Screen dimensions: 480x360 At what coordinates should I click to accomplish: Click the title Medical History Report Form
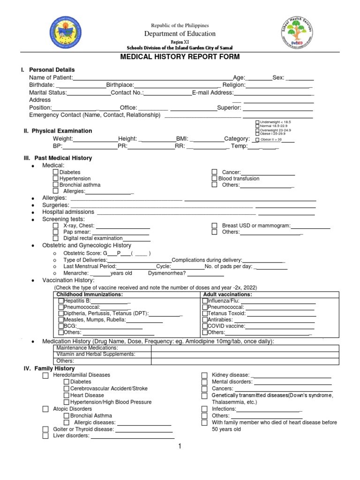tap(180, 57)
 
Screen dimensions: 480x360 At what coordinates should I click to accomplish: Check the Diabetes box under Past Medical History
tap(56, 172)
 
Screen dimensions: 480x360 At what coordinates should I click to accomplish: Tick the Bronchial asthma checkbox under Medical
tap(56, 185)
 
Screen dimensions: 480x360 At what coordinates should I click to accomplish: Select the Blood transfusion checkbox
tap(214, 179)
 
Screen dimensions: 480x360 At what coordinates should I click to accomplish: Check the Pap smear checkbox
tap(56, 232)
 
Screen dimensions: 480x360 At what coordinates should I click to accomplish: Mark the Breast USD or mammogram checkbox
tap(214, 226)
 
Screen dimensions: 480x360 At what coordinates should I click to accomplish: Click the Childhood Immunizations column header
tap(90, 294)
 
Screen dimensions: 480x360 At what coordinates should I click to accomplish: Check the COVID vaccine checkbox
tap(205, 326)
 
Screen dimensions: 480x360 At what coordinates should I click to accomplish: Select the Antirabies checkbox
tap(205, 320)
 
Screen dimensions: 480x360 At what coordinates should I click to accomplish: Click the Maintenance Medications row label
tap(87, 348)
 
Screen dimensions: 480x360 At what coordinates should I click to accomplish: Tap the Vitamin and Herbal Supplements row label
tap(96, 354)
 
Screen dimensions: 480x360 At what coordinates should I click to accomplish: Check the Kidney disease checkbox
tap(204, 375)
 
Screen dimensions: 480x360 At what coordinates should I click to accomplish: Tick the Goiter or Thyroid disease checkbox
tap(45, 429)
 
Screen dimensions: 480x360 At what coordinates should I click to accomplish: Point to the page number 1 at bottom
tap(180, 446)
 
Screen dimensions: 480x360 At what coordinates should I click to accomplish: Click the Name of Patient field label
tap(51, 77)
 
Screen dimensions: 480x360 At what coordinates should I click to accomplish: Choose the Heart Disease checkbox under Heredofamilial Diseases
tap(67, 396)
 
